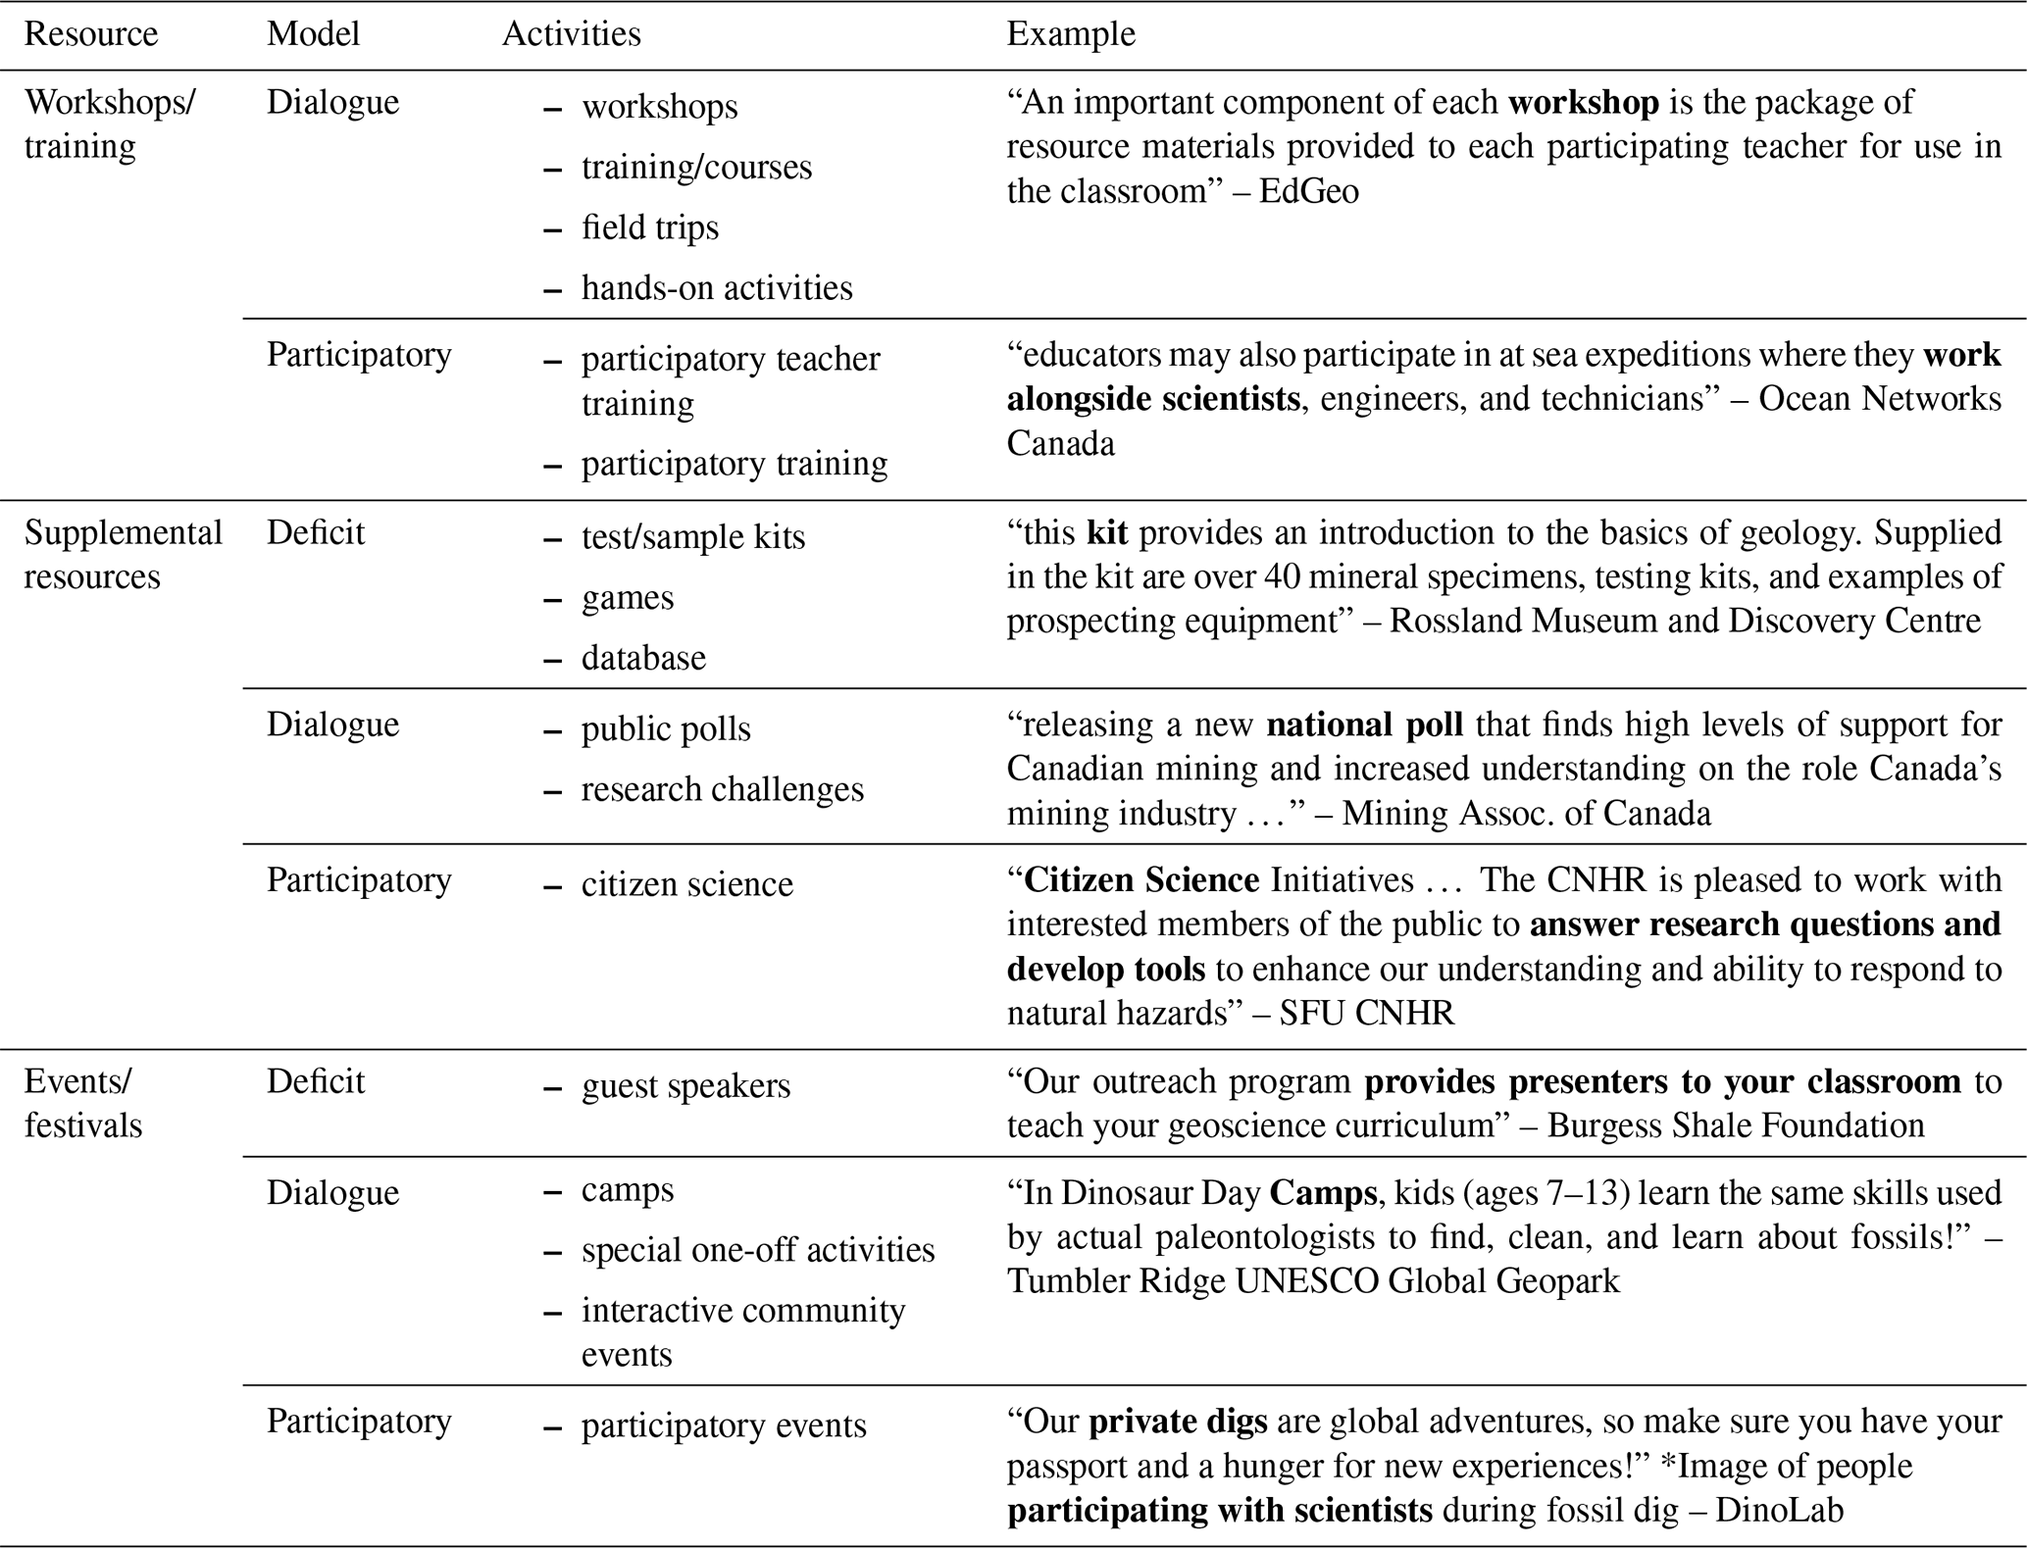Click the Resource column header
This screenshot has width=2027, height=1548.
[x=90, y=34]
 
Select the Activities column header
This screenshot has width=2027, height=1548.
[x=571, y=34]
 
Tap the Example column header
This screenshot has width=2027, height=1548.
[x=1070, y=34]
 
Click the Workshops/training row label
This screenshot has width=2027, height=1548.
[x=109, y=124]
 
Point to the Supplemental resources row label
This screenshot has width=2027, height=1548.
[x=123, y=554]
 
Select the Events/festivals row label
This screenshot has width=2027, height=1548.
[x=82, y=1103]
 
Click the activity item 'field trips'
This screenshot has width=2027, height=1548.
[x=649, y=227]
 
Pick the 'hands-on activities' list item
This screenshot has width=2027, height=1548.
[x=716, y=288]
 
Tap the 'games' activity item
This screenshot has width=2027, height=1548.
[x=627, y=598]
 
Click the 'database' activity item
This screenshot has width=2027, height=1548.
[x=642, y=658]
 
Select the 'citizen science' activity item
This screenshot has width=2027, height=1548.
[x=686, y=884]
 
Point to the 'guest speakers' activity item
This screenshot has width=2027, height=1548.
[x=684, y=1086]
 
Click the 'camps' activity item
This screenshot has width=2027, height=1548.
[x=627, y=1190]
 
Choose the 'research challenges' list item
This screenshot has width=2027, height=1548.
[x=722, y=789]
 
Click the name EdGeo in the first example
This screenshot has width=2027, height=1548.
[x=1308, y=191]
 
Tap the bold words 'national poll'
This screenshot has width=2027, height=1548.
[x=1364, y=724]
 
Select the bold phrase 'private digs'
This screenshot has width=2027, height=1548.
[x=1178, y=1422]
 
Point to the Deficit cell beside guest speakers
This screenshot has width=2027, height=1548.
[x=315, y=1081]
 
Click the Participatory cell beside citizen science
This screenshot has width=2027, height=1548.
[x=359, y=880]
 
